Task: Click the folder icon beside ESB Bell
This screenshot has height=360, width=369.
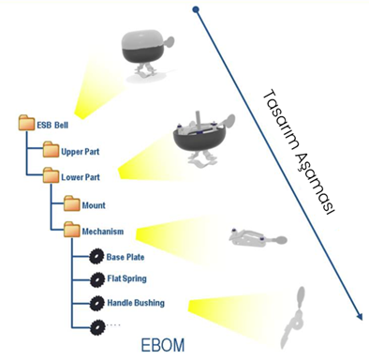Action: point(26,123)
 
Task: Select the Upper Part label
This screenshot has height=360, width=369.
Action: point(81,152)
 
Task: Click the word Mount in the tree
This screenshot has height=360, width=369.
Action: point(94,205)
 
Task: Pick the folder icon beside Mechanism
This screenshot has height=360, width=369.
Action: point(72,229)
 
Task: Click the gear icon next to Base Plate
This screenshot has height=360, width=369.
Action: point(96,257)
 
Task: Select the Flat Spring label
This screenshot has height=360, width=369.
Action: point(126,278)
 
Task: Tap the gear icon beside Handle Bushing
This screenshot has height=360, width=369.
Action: point(96,303)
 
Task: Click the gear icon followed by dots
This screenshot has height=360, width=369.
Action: point(96,327)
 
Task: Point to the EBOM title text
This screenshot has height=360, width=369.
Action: point(163,345)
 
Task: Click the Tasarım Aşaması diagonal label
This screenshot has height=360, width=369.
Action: point(298,152)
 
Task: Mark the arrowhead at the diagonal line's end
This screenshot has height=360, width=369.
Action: point(360,317)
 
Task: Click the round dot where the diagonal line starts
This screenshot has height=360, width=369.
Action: point(196,9)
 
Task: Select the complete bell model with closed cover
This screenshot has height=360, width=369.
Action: point(147,56)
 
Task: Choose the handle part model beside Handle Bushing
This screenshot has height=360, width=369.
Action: point(294,318)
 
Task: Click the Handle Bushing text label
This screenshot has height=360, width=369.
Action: point(136,303)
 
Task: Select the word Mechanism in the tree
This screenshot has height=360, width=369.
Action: point(103,232)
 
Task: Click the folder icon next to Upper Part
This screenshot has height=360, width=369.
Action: point(51,149)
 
